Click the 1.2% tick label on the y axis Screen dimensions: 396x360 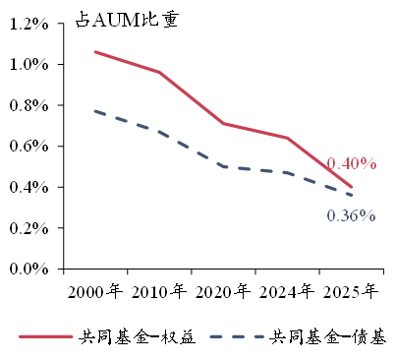[28, 24]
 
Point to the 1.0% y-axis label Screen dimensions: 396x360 [28, 64]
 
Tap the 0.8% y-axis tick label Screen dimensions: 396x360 [28, 105]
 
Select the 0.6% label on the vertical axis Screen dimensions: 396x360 [28, 146]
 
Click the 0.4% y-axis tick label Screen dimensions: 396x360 [28, 187]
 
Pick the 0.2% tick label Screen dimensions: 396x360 [28, 228]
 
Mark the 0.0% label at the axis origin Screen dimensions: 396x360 [28, 269]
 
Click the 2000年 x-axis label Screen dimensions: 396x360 [95, 291]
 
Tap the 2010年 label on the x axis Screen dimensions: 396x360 [159, 291]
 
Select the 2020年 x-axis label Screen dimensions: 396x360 [223, 291]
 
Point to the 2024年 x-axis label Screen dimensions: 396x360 [287, 291]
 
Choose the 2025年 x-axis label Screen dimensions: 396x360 [351, 291]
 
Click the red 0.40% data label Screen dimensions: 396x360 [352, 163]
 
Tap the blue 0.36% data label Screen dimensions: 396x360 [351, 215]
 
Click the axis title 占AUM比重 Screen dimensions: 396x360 [127, 20]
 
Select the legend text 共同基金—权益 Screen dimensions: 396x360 [138, 336]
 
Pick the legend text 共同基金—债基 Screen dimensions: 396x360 [328, 336]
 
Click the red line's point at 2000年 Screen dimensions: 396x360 [95, 52]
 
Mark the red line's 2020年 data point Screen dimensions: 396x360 [223, 123]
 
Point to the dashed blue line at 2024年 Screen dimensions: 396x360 [287, 173]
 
